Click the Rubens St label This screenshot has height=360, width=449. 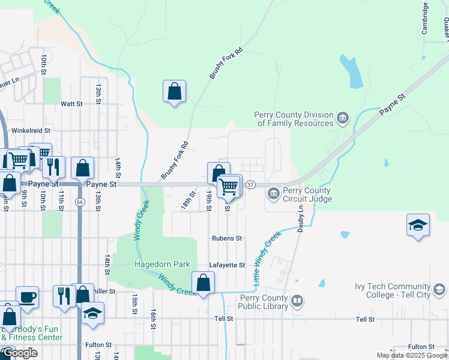point(227,238)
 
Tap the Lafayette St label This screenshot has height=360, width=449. point(227,265)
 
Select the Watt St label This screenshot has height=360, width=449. point(71,104)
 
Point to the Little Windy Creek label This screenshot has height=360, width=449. point(267,259)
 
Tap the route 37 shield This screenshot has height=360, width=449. point(251,184)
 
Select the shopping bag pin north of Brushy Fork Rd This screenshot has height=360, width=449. point(174,92)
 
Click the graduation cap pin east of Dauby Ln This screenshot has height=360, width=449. point(418,226)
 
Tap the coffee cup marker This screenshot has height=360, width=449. point(27,296)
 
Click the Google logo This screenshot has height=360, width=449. point(20,353)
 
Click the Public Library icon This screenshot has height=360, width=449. point(297,300)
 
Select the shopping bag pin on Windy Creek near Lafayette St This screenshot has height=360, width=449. point(203,283)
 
